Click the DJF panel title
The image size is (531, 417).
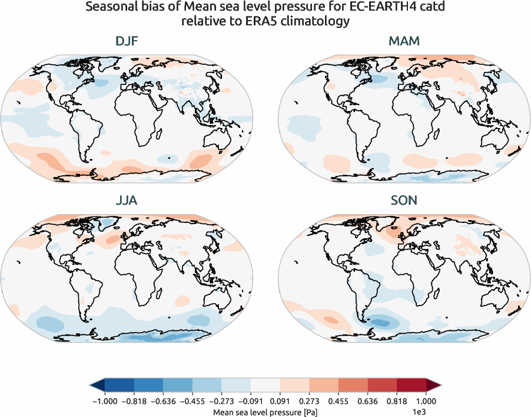click(127, 42)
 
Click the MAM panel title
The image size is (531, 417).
click(404, 42)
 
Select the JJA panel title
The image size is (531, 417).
click(127, 201)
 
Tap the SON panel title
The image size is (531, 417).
click(404, 201)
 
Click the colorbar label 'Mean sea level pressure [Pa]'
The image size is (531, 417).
click(265, 411)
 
